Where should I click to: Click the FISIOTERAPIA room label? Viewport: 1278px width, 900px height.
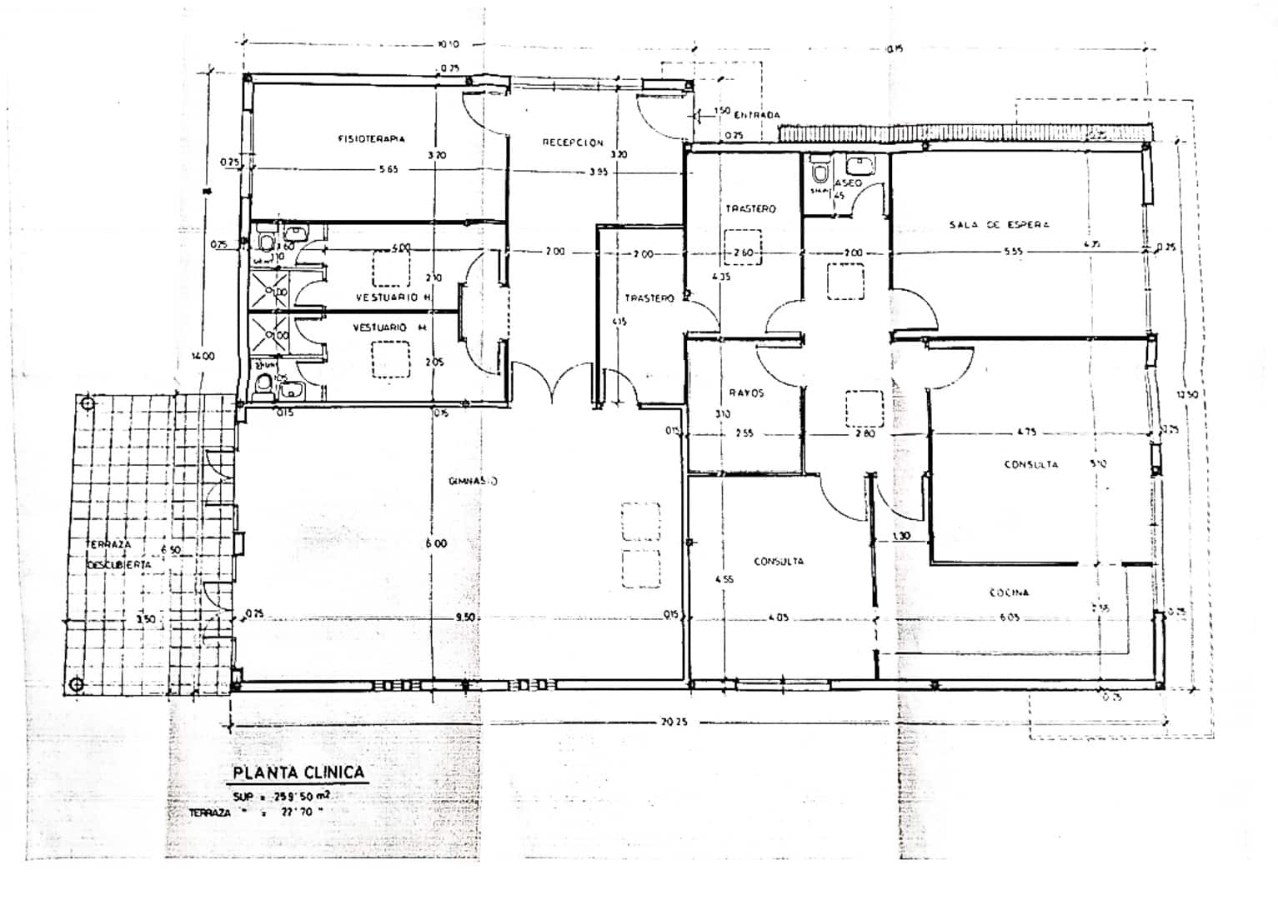click(371, 138)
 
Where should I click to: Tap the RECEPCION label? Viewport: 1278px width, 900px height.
click(573, 142)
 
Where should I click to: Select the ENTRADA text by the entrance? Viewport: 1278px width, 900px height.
click(757, 114)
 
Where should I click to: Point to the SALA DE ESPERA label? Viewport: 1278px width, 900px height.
click(999, 224)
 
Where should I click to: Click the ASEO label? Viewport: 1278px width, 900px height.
click(849, 182)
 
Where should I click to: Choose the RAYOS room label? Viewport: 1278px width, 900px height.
click(746, 392)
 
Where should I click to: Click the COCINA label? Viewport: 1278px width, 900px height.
click(1009, 592)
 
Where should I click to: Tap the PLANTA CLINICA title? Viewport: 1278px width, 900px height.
click(298, 772)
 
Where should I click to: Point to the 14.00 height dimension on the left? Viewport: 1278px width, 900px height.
click(203, 356)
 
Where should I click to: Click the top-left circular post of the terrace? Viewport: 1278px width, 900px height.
click(88, 404)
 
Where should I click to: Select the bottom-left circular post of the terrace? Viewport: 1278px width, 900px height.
click(77, 685)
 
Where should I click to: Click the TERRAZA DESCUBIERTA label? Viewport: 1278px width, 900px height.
click(118, 554)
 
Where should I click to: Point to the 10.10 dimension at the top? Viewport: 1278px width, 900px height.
click(448, 44)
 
